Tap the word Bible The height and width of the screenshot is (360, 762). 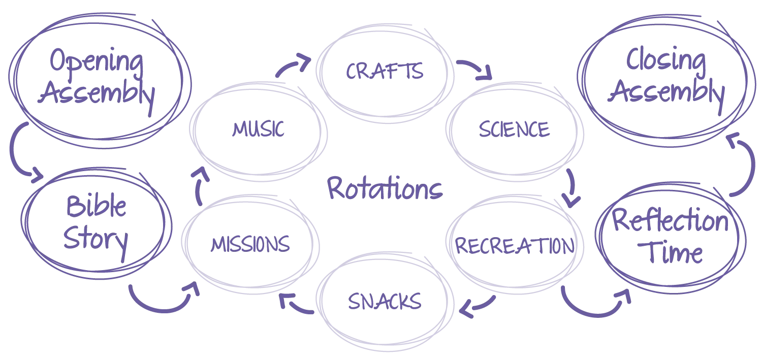tap(96, 207)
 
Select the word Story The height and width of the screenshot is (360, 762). tap(96, 239)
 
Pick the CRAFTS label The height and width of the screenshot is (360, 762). tap(385, 72)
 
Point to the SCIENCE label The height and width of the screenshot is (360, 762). tap(514, 130)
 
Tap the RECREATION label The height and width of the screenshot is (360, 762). tap(515, 246)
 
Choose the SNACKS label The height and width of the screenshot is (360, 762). tap(385, 302)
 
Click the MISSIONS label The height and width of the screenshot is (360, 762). tap(250, 245)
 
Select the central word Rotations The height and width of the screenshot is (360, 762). tap(385, 189)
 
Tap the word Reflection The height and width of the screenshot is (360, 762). tap(670, 221)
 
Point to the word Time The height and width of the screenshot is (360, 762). tap(670, 252)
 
